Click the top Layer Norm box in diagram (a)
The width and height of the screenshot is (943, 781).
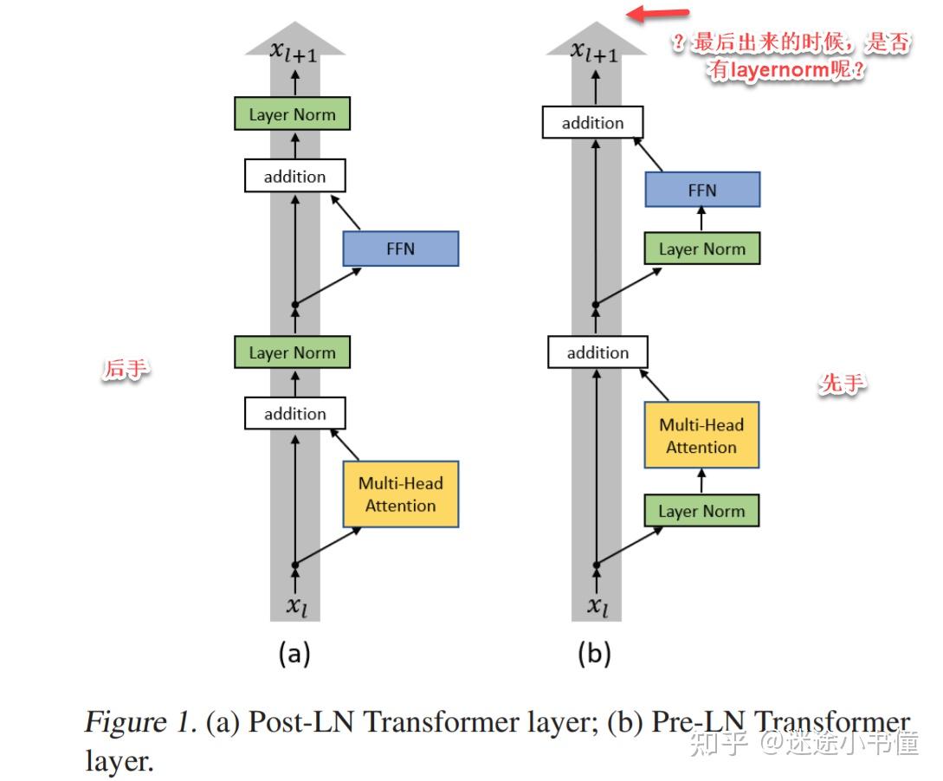click(292, 114)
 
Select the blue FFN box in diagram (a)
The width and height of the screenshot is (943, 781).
click(400, 248)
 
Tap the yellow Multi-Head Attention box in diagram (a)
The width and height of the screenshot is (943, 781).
click(400, 494)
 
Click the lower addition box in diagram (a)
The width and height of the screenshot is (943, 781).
click(294, 414)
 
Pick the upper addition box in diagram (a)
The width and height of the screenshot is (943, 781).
click(294, 177)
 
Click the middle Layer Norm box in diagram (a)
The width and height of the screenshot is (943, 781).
click(292, 352)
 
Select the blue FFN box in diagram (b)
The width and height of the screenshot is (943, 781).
click(701, 190)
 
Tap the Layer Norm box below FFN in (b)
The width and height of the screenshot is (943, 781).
click(701, 249)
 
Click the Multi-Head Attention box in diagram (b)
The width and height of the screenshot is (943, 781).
click(701, 436)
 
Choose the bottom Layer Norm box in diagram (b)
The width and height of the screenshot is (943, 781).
click(701, 511)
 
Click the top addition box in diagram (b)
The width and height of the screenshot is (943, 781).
click(592, 123)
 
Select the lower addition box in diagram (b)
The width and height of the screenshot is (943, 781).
click(597, 352)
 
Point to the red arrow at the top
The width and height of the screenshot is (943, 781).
click(658, 14)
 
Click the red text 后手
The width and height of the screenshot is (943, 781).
click(126, 369)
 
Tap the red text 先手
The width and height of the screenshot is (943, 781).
click(842, 384)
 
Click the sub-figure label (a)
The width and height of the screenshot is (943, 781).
click(294, 654)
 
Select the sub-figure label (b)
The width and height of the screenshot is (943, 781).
click(594, 654)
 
